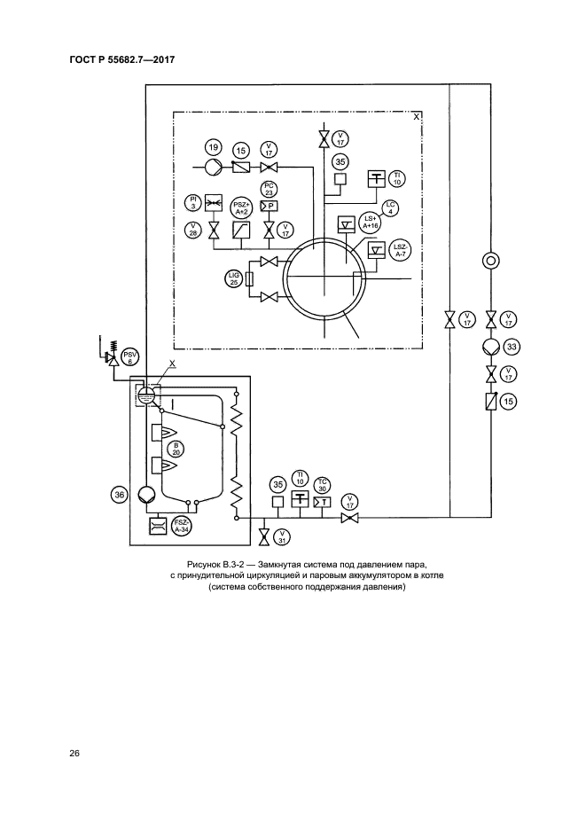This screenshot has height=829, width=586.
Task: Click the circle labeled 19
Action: click(x=212, y=146)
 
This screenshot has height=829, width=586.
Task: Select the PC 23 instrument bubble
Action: click(x=270, y=188)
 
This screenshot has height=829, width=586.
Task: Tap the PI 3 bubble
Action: click(x=192, y=201)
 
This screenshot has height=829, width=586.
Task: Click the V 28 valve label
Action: click(x=192, y=229)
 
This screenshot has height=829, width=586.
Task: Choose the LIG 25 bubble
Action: click(x=234, y=279)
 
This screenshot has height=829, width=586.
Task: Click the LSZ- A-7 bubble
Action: click(x=400, y=250)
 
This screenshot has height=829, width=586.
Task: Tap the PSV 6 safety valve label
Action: click(x=130, y=356)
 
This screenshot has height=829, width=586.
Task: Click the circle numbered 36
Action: click(x=119, y=495)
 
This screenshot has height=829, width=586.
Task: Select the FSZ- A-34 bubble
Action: click(x=182, y=525)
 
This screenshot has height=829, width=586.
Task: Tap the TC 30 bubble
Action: click(x=323, y=484)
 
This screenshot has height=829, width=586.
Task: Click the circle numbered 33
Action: click(x=511, y=347)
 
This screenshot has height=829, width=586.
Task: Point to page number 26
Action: click(x=74, y=754)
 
